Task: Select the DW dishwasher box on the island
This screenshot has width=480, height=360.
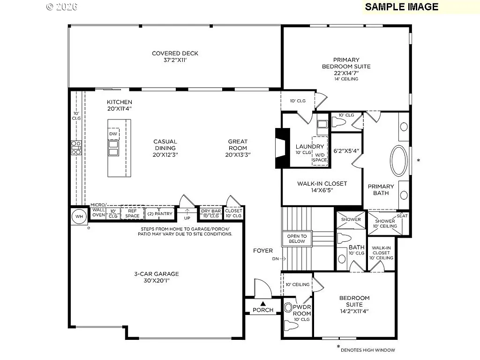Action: click(113, 134)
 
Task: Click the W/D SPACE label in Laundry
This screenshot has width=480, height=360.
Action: click(320, 157)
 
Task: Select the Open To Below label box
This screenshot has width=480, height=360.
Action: click(297, 239)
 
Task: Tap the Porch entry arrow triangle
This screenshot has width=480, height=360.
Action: click(263, 304)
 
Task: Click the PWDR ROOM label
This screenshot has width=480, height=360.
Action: click(302, 310)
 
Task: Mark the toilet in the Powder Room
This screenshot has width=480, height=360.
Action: click(288, 308)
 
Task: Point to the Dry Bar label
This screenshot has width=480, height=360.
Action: click(210, 211)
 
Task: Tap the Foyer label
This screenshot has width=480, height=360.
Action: click(263, 251)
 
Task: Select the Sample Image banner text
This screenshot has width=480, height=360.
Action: click(401, 7)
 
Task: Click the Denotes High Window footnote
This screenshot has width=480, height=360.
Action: click(367, 350)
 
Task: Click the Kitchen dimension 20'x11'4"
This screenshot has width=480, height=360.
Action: click(119, 109)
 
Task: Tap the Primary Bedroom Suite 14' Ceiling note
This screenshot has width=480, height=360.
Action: click(346, 79)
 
